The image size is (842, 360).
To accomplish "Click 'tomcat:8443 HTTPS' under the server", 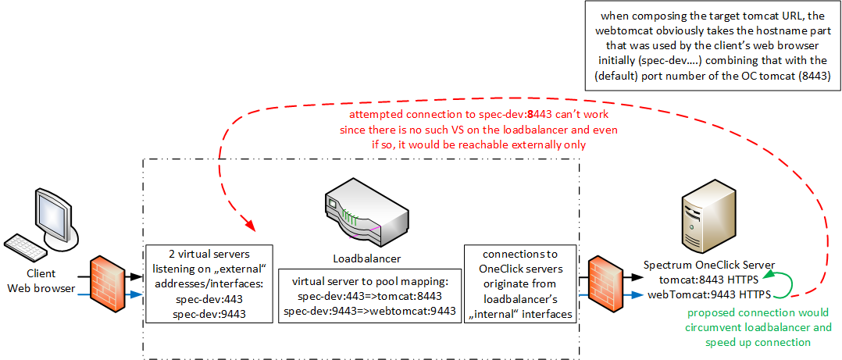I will click(x=709, y=280).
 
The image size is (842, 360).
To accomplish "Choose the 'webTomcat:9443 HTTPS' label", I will click(x=709, y=294).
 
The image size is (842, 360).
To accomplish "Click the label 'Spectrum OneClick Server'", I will click(x=708, y=266).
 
